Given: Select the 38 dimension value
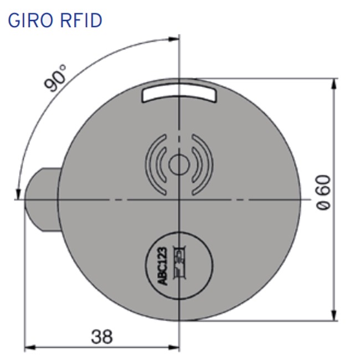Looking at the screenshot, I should pyautogui.click(x=101, y=336).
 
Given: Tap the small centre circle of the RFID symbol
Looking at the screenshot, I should pyautogui.click(x=178, y=164).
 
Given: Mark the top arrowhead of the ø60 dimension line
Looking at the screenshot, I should pyautogui.click(x=334, y=83).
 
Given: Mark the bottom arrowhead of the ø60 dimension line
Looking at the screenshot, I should pyautogui.click(x=334, y=316).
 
